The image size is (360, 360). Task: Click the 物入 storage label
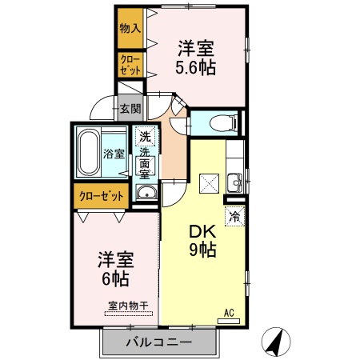(x=130, y=28)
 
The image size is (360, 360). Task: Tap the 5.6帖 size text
(x=197, y=67)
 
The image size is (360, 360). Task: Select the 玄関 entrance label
(x=130, y=108)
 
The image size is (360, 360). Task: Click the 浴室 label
(x=114, y=154)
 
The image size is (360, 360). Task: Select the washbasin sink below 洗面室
(x=146, y=193)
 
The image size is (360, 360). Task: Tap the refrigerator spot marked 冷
(x=235, y=215)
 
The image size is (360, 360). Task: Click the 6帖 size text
(x=116, y=278)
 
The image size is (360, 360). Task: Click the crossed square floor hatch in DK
(x=209, y=183)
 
